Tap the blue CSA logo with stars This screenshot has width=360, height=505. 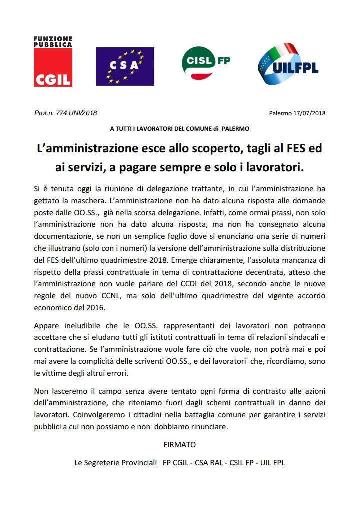pyautogui.click(x=125, y=66)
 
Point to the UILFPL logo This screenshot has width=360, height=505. pyautogui.click(x=288, y=64)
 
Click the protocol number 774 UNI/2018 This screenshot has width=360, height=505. pyautogui.click(x=73, y=113)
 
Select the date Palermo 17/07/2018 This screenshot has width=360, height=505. pyautogui.click(x=297, y=113)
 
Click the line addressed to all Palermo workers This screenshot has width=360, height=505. pyautogui.click(x=179, y=128)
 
